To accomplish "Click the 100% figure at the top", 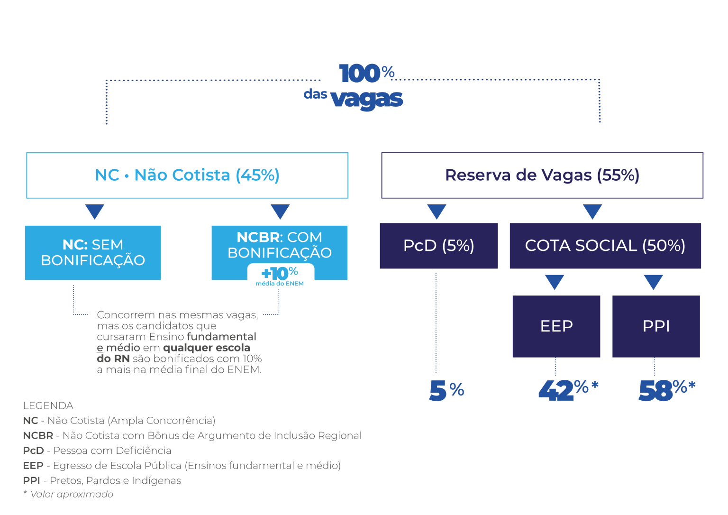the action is [366, 73].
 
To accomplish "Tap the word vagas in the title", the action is [366, 99].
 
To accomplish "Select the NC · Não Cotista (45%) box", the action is [187, 175].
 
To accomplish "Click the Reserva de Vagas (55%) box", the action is [542, 175].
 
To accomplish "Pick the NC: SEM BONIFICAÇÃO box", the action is [93, 253].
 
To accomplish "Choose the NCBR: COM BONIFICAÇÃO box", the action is [280, 253].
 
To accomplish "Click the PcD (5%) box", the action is [439, 246].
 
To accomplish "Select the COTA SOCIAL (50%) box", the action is [605, 246].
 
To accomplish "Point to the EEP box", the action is [556, 326].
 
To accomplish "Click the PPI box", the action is [656, 326].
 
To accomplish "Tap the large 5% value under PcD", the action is [446, 390].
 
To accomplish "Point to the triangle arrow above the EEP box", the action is [555, 282].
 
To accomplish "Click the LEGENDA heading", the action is [48, 406].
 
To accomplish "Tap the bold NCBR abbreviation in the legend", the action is [38, 436].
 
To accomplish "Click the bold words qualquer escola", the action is [207, 348].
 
